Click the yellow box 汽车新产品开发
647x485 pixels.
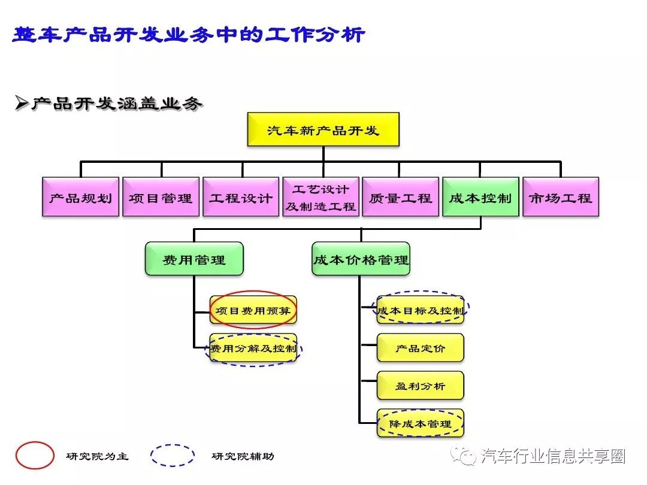pos(323,129)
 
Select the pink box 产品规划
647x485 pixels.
pos(80,197)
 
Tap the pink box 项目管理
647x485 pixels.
pos(161,197)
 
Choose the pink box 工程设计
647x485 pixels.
pos(241,197)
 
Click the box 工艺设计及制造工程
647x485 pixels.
pos(321,197)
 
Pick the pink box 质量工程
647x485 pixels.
pos(400,197)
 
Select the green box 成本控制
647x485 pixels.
pos(480,197)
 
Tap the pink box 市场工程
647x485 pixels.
pos(560,197)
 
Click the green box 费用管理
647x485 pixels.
pos(194,259)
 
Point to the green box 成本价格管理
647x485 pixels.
pos(361,259)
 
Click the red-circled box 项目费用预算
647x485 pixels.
pos(252,310)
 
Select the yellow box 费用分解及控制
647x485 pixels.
pos(252,348)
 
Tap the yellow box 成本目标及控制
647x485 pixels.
pos(421,310)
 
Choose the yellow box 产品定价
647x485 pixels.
pos(421,348)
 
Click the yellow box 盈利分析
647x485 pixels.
pos(421,386)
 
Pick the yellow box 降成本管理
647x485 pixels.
pos(421,423)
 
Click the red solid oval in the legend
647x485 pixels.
pos(35,456)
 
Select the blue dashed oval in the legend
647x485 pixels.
pos(173,456)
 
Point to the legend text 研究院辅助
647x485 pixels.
pos(243,456)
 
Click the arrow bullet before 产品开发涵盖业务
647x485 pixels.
pos(22,103)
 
